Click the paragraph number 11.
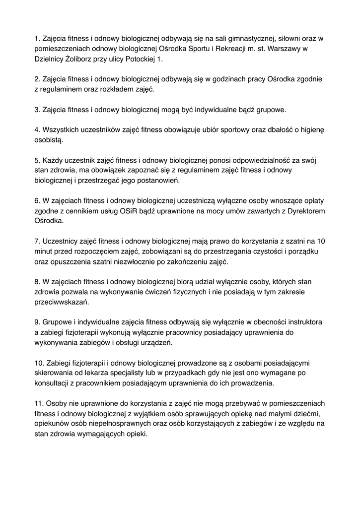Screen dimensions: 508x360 click(39, 404)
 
